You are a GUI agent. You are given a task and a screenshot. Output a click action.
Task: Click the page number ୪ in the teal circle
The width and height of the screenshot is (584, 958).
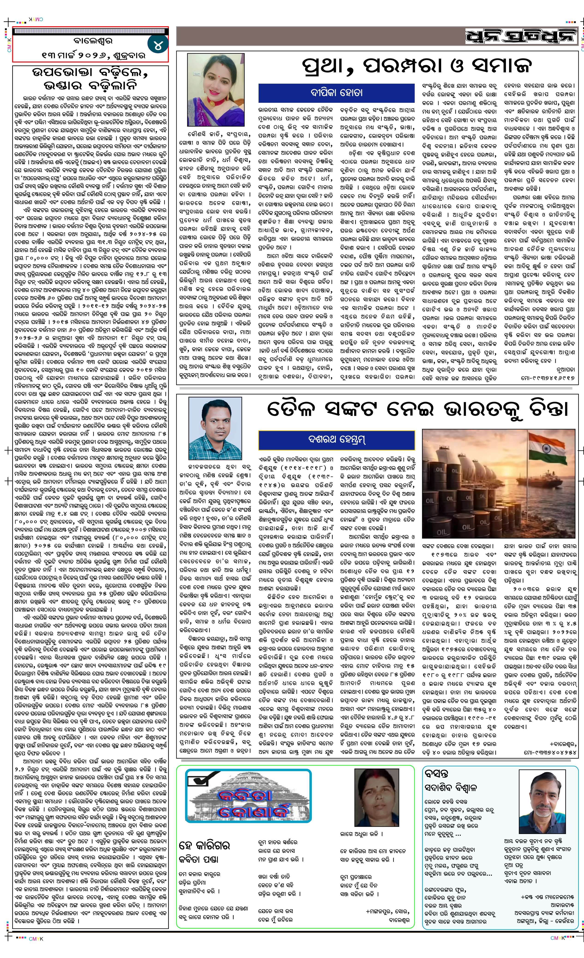158,45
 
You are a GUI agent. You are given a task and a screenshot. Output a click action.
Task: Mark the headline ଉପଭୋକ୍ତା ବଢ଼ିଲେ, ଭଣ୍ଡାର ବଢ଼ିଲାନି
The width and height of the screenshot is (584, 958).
90,79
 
